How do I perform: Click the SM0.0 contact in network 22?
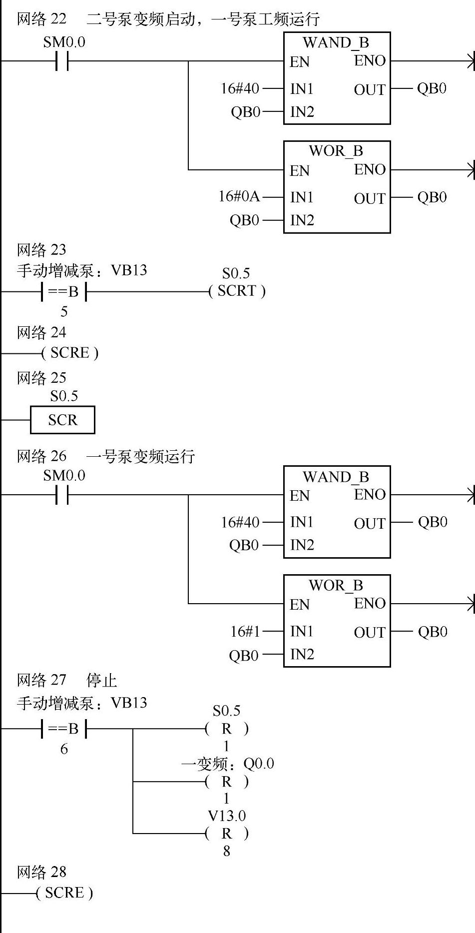point(62,61)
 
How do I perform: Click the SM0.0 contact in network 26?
point(62,495)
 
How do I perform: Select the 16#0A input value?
point(239,196)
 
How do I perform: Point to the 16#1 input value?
point(245,631)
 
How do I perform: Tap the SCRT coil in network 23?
point(237,291)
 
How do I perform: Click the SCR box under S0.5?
point(62,420)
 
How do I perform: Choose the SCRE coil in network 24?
point(70,353)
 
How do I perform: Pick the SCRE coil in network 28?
point(64,893)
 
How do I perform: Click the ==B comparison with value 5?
point(64,292)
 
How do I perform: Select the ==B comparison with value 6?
point(64,729)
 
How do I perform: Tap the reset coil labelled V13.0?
point(227,833)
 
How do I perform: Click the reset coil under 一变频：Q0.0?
point(227,781)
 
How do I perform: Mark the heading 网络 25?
point(41,378)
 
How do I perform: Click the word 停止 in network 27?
point(102,680)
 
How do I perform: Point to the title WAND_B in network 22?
point(336,42)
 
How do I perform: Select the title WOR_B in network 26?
point(336,585)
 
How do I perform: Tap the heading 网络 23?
point(41,250)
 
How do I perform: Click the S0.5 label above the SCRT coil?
point(236,273)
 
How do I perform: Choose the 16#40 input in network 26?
point(240,522)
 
